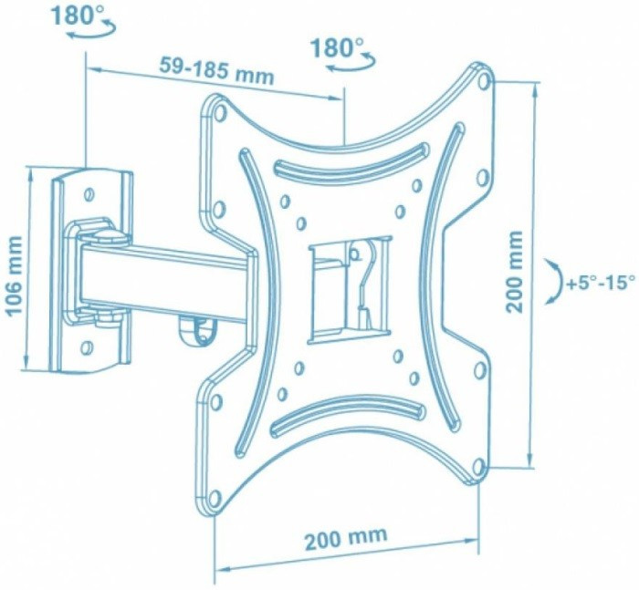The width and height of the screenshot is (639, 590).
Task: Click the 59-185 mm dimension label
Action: (216, 70)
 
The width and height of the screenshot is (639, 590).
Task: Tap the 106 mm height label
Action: (15, 275)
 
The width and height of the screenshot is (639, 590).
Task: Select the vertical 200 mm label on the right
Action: (514, 272)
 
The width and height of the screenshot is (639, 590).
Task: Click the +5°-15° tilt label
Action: (601, 282)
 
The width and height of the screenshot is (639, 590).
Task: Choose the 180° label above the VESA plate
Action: (337, 47)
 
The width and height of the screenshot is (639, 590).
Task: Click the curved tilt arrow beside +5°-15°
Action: (555, 280)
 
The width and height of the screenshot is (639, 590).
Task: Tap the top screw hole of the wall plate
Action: (89, 194)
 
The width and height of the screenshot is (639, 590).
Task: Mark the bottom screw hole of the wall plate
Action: (87, 348)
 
